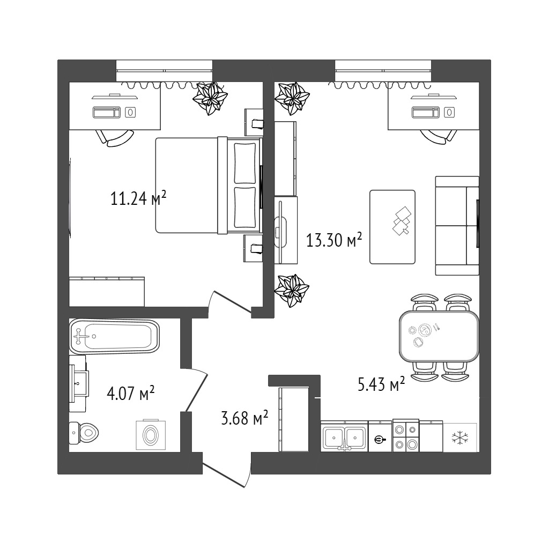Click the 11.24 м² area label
[139, 198]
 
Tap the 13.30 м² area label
[333, 240]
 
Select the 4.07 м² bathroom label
[131, 394]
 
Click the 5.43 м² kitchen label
[381, 383]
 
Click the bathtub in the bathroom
[114, 337]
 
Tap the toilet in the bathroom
[84, 433]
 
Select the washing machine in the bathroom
[151, 435]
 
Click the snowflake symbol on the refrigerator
[460, 437]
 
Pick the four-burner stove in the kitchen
[406, 435]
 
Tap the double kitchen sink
[344, 436]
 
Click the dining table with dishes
[439, 336]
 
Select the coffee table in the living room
[392, 227]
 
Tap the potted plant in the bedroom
[210, 98]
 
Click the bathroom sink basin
[79, 383]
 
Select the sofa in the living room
[457, 226]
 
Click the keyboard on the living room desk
[425, 112]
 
